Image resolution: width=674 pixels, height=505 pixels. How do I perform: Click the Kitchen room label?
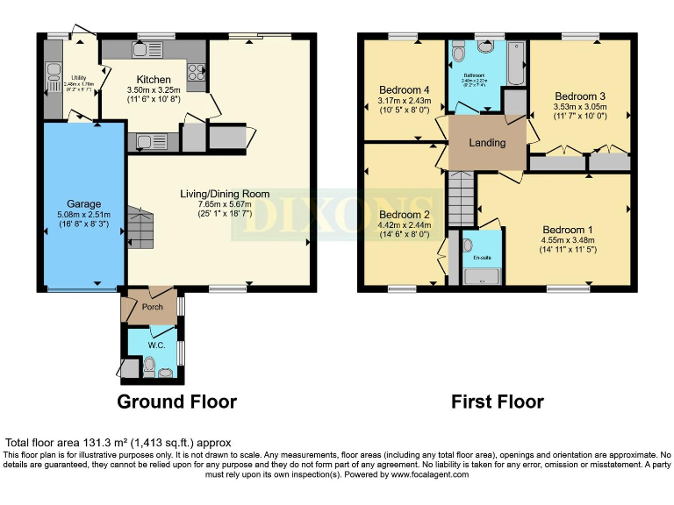pyautogui.click(x=154, y=79)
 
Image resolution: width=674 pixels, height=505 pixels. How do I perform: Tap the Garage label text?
pyautogui.click(x=84, y=203)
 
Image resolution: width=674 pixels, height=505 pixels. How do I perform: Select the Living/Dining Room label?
pyautogui.click(x=225, y=194)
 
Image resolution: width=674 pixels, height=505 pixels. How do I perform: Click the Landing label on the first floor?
pyautogui.click(x=487, y=143)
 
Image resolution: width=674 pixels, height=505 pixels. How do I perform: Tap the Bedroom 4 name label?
pyautogui.click(x=404, y=90)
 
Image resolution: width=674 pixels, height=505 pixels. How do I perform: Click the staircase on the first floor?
pyautogui.click(x=461, y=197)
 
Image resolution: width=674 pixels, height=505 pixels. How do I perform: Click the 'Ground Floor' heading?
pyautogui.click(x=178, y=402)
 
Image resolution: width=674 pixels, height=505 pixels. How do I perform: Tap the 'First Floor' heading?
pyautogui.click(x=497, y=402)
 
